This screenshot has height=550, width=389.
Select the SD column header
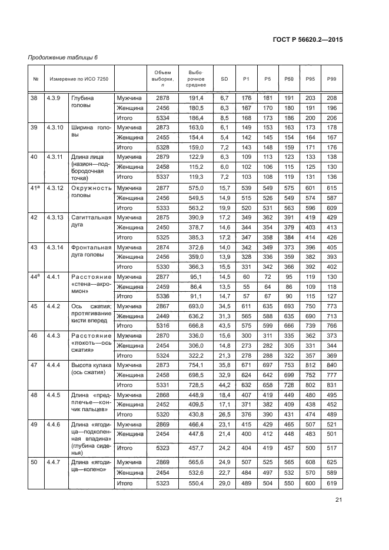[224, 78]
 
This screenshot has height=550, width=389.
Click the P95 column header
[310, 78]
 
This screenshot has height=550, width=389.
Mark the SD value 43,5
[224, 326]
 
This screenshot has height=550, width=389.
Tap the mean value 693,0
[195, 307]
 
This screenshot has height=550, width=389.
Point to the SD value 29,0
[224, 483]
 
